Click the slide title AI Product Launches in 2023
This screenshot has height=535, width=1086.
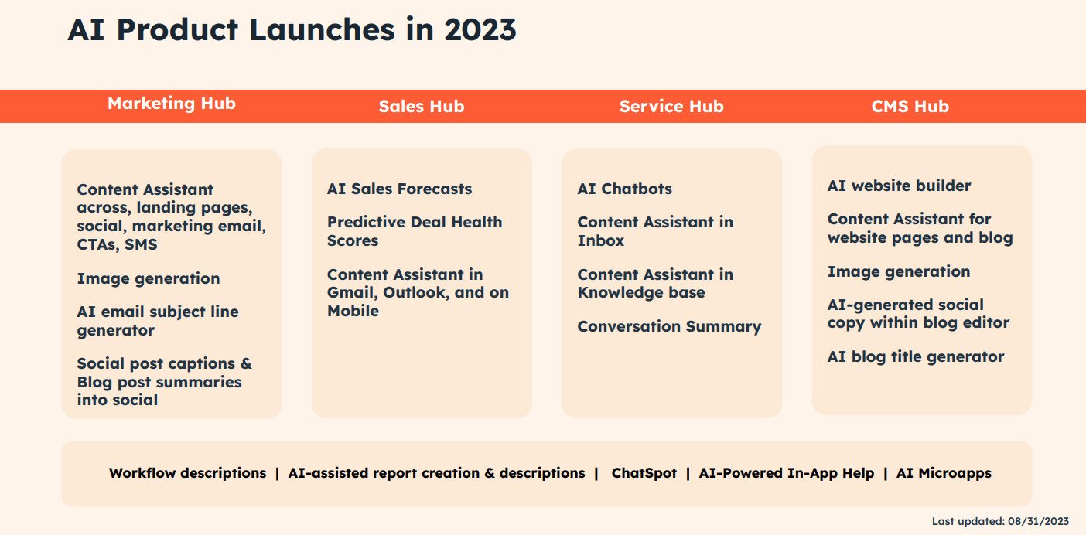point(292,30)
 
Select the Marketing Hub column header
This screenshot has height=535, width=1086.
point(172,104)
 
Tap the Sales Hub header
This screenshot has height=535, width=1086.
point(422,106)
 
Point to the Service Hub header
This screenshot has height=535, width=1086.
point(671,106)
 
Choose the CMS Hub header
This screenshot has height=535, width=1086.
point(910,106)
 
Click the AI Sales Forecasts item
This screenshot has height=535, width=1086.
point(399,189)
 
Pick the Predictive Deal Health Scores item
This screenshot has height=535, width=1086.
point(415,231)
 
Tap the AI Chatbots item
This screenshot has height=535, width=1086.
point(624,189)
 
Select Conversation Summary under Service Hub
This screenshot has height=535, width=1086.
point(669,326)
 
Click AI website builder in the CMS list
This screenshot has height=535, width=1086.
point(899,186)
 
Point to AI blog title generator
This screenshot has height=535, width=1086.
point(915,356)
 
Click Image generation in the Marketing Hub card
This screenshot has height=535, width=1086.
point(149,278)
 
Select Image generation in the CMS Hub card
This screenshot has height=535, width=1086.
point(898,272)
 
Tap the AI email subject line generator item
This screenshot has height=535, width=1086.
point(158,321)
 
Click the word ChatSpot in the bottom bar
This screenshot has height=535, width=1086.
point(644,473)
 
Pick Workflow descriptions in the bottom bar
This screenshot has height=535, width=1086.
point(188,473)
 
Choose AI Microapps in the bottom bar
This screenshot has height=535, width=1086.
point(944,473)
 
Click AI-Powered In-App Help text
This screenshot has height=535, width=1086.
point(787,473)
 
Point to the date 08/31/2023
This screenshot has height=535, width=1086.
point(1039,521)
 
